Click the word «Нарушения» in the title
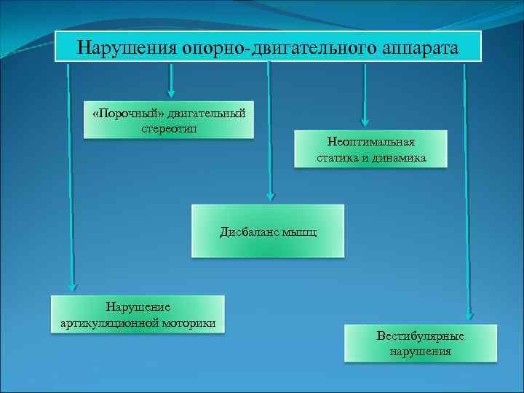pos(127,48)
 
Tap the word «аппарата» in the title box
pos(420,48)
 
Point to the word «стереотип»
pos(169,127)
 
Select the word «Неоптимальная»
pos(371,143)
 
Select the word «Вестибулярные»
pos(421,337)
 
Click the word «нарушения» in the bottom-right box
pos(421,351)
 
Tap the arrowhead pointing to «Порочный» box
pos(171,92)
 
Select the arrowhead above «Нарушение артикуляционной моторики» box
pos(71,287)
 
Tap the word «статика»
pos(339,157)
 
